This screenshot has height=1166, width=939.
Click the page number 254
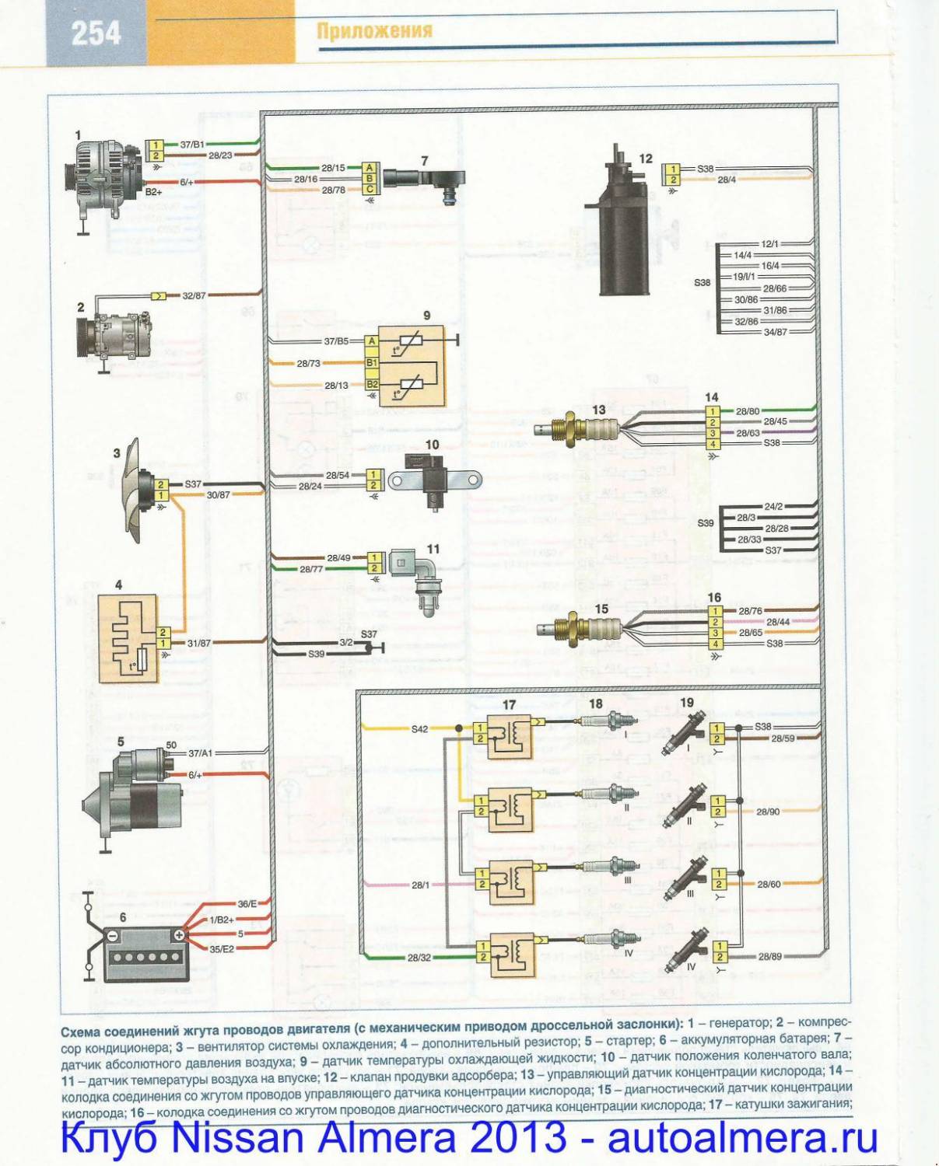pos(96,33)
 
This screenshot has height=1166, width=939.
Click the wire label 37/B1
pos(192,145)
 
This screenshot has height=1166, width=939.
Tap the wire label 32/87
pos(194,296)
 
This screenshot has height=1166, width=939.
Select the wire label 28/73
pos(309,363)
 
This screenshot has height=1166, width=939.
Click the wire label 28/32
pos(419,957)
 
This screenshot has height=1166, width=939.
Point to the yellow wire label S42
pos(419,729)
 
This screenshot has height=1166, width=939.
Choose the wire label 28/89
pos(769,956)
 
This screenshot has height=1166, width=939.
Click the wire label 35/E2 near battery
pos(222,949)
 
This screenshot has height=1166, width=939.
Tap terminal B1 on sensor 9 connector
pos(372,363)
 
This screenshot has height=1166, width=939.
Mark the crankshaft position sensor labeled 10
pos(433,482)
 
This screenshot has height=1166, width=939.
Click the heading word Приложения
pos(374,30)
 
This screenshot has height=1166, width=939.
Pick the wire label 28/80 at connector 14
pos(748,411)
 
